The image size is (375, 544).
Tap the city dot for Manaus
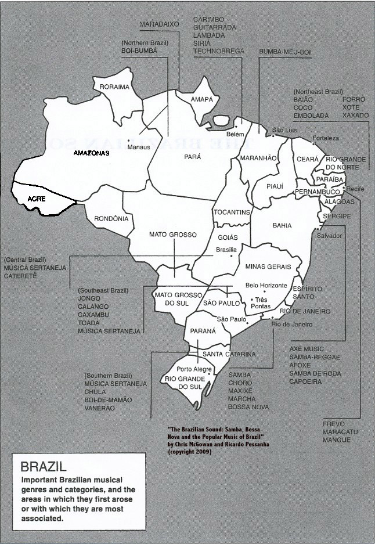point(129,140)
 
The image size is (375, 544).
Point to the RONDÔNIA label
point(110,219)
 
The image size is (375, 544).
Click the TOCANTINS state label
point(232,212)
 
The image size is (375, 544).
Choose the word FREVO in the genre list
point(334,424)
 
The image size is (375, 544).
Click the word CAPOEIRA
point(307,381)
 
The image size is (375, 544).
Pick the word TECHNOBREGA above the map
point(218,51)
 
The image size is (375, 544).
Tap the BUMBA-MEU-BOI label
point(286,52)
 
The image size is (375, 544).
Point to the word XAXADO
point(355,116)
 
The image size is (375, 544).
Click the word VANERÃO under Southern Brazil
point(99,408)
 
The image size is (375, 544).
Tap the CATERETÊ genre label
point(20,276)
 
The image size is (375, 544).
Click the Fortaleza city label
point(326,138)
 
